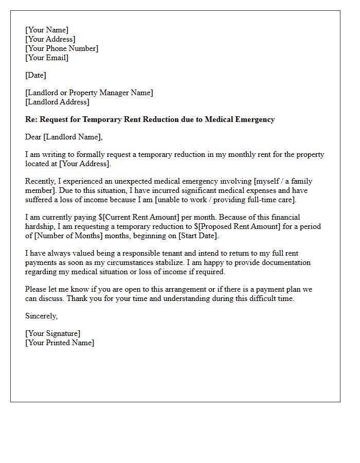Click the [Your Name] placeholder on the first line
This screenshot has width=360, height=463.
point(47,30)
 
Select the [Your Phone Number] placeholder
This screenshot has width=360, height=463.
point(62,48)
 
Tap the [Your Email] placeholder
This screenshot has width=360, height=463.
point(47,58)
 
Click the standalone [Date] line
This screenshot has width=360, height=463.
point(35,75)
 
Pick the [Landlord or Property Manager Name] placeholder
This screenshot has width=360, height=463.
point(89,93)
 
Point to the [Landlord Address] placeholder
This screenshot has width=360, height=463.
point(58,102)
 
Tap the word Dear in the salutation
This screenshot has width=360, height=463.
point(33,137)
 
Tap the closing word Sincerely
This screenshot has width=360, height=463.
point(41,316)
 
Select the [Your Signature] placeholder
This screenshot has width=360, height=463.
point(52,333)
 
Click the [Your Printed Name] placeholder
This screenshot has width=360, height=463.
point(60,343)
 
